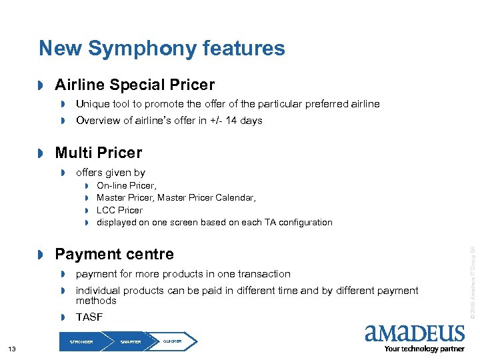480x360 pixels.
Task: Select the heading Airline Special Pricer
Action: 135,85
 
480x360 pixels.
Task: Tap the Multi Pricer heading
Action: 99,153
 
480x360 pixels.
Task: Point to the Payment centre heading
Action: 114,254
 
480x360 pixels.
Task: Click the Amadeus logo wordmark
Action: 415,333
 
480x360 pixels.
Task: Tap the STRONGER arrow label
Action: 81,341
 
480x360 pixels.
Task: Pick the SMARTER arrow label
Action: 131,341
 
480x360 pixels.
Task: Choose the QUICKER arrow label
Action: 172,341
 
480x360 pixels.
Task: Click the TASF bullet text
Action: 89,317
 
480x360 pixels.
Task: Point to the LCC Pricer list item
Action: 119,210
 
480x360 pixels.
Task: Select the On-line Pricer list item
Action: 127,186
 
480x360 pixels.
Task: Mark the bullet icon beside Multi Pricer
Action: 41,154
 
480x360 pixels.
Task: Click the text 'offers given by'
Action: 111,173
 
